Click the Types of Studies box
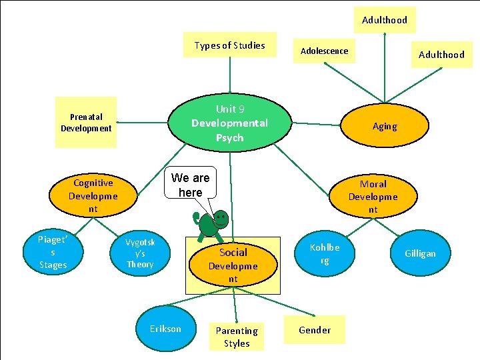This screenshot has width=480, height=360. coord(230,45)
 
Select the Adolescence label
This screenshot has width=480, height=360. coord(324,51)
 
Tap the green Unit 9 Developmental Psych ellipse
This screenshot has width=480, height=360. coord(229,123)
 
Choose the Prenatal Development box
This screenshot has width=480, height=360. coord(86,123)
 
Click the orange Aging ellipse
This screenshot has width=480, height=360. coord(384,126)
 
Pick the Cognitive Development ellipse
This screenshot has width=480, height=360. coord(93,195)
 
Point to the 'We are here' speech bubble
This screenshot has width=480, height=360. coord(190,185)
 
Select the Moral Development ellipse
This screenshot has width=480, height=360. coord(373,196)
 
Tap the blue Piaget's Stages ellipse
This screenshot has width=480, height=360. coord(53,253)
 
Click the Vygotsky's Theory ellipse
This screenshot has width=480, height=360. coord(140,253)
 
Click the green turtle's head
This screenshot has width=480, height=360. coord(221,219)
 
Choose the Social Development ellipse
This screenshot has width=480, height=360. coord(233,265)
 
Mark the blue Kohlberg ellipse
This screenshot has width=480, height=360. coord(324,253)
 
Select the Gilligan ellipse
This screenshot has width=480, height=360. coord(420,253)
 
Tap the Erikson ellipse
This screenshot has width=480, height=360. coord(165,328)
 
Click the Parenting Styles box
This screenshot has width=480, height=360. coord(237,337)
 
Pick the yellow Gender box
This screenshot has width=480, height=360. coord(315,330)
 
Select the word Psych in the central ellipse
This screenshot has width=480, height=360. coord(229,138)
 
